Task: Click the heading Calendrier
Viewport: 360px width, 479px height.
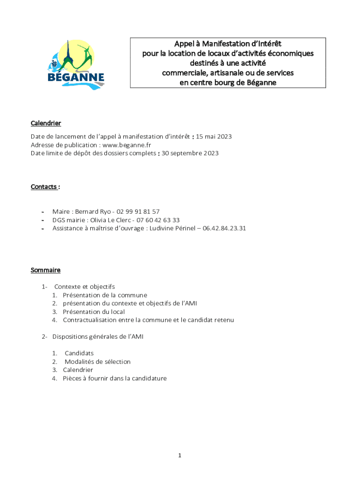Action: [x=46, y=123]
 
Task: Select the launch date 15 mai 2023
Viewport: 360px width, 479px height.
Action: [x=214, y=137]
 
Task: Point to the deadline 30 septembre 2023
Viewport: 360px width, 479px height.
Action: [x=190, y=153]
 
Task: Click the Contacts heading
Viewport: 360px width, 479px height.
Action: [x=45, y=187]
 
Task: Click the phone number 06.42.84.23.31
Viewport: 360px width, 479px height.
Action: [x=224, y=228]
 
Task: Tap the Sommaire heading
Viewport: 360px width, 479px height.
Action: [x=45, y=270]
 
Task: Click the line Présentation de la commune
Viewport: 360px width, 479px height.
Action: [x=105, y=295]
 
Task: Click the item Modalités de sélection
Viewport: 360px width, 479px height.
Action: [x=98, y=362]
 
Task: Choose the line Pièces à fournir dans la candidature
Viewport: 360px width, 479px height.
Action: [x=115, y=379]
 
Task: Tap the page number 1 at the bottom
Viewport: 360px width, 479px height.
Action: [x=180, y=456]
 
